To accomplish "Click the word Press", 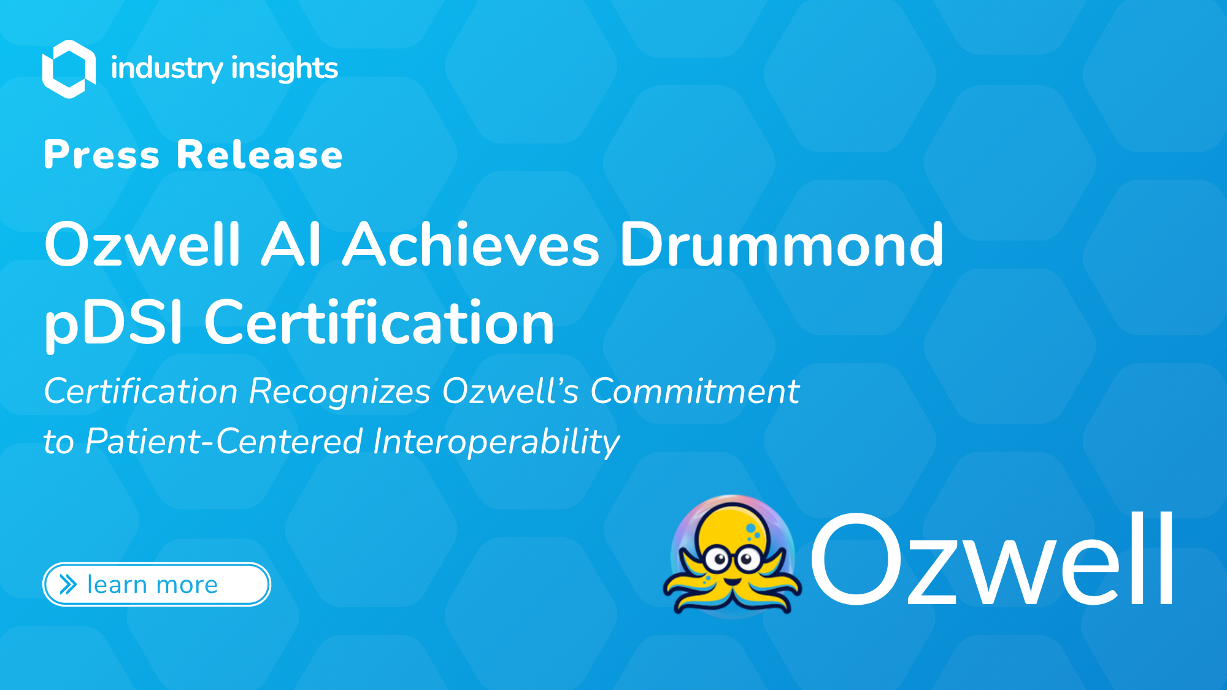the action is tap(102, 155).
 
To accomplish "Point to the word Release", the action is tap(260, 155).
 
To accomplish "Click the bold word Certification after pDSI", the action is tap(379, 321).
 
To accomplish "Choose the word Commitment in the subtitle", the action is tap(695, 391).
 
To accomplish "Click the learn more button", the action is tap(156, 585).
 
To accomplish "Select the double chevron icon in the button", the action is tap(68, 585).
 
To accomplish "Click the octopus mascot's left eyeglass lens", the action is tap(716, 559).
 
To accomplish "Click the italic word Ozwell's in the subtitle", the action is tap(510, 391).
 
